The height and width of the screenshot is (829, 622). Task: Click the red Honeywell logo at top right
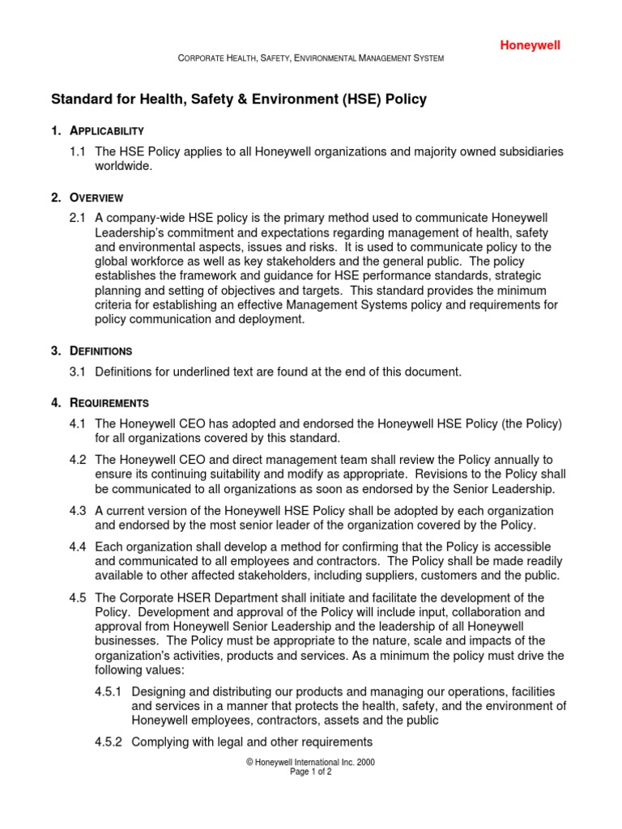pyautogui.click(x=529, y=45)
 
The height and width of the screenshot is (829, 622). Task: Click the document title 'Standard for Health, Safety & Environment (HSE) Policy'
pyautogui.click(x=239, y=100)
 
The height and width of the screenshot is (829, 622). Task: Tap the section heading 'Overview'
pyautogui.click(x=96, y=198)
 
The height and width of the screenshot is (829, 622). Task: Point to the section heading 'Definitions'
pyautogui.click(x=101, y=351)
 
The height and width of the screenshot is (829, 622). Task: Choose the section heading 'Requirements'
pyautogui.click(x=109, y=402)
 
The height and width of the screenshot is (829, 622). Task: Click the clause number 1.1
pyautogui.click(x=79, y=152)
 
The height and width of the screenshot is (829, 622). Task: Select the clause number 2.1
pyautogui.click(x=79, y=219)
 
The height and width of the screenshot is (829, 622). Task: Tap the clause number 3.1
pyautogui.click(x=79, y=372)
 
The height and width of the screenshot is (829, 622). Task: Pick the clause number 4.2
pyautogui.click(x=79, y=460)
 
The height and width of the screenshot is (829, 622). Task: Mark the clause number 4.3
pyautogui.click(x=79, y=511)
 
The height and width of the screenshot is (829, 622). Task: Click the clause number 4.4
pyautogui.click(x=79, y=547)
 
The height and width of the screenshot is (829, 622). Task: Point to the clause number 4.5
pyautogui.click(x=79, y=598)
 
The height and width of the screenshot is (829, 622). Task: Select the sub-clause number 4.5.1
pyautogui.click(x=109, y=692)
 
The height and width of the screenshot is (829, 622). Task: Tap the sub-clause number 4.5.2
pyautogui.click(x=109, y=742)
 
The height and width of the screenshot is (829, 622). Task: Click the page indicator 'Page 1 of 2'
pyautogui.click(x=311, y=772)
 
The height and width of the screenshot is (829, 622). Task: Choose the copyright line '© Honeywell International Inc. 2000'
pyautogui.click(x=311, y=763)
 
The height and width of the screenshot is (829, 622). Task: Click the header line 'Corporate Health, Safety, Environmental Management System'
pyautogui.click(x=311, y=59)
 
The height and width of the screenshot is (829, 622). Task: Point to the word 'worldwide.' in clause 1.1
pyautogui.click(x=124, y=166)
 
